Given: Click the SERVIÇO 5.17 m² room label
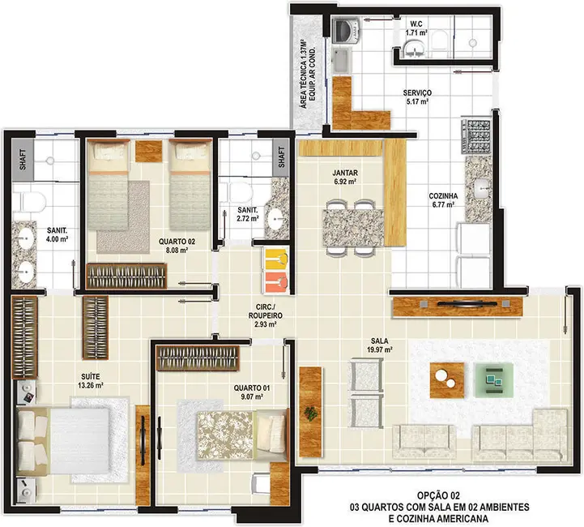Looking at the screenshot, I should click(x=418, y=98).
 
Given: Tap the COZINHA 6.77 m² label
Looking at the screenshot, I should click(x=443, y=200).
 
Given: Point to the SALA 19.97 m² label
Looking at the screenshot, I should click(x=378, y=345).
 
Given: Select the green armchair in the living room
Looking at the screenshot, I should click(x=493, y=375).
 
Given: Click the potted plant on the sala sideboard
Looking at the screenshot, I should click(x=310, y=412).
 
